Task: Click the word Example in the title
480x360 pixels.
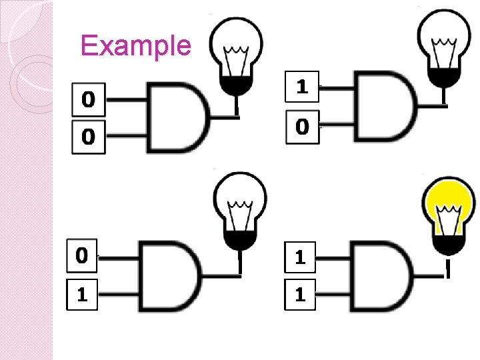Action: pyautogui.click(x=135, y=46)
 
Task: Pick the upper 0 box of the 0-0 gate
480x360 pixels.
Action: pyautogui.click(x=88, y=100)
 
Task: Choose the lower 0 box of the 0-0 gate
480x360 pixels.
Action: pyautogui.click(x=88, y=137)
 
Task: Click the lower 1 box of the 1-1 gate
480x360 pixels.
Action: pyautogui.click(x=302, y=294)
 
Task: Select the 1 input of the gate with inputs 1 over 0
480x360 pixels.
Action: pyautogui.click(x=302, y=86)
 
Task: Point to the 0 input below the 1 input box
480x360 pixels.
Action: pyautogui.click(x=302, y=125)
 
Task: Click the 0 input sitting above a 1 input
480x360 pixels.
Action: pyautogui.click(x=82, y=255)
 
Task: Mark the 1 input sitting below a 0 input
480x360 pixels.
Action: pyautogui.click(x=82, y=294)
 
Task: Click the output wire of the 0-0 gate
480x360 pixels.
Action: pyautogui.click(x=223, y=117)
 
